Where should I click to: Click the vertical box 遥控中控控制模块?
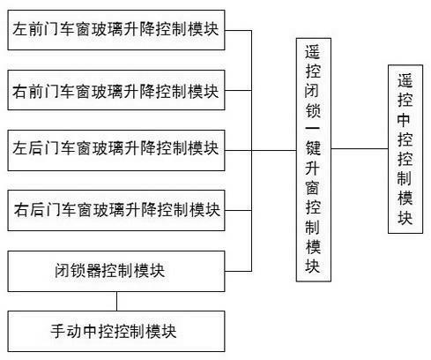tap(404, 147)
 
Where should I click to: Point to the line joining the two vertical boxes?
tap(358, 148)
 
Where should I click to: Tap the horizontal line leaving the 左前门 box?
tap(238, 29)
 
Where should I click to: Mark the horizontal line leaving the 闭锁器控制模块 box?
tap(238, 269)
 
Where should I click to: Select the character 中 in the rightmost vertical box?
tap(404, 120)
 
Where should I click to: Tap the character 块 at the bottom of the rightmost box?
tap(404, 217)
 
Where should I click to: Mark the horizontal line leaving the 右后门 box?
tap(238, 209)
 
